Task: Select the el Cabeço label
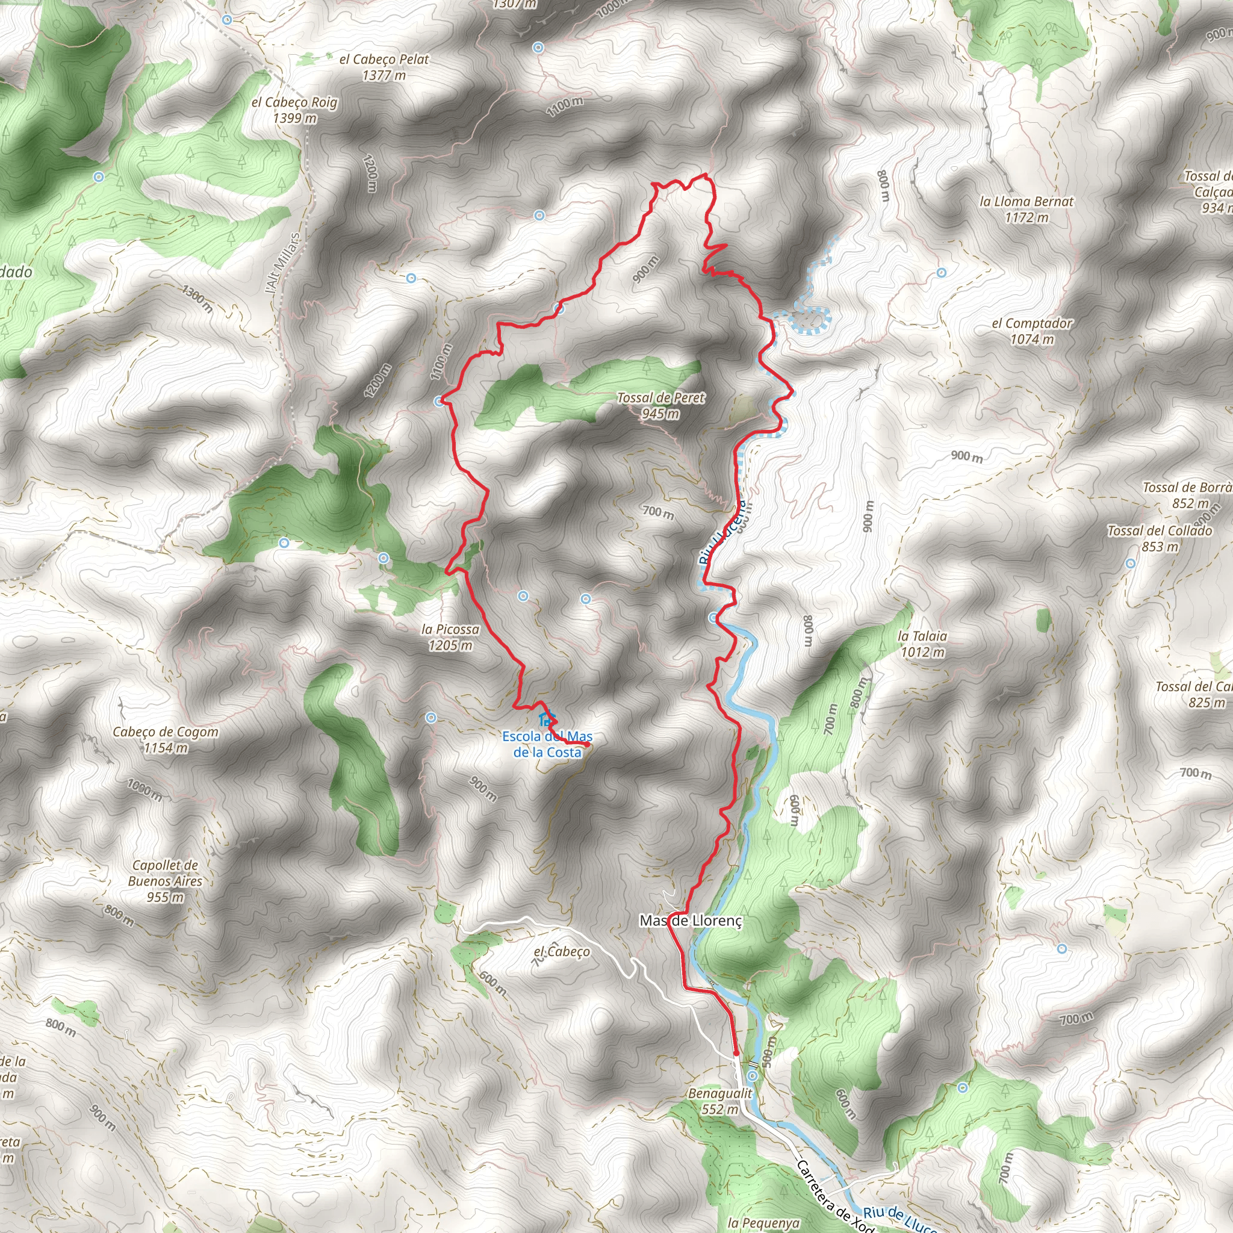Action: [x=562, y=952]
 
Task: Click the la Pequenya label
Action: [x=763, y=1223]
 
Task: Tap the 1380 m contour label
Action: [x=197, y=298]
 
